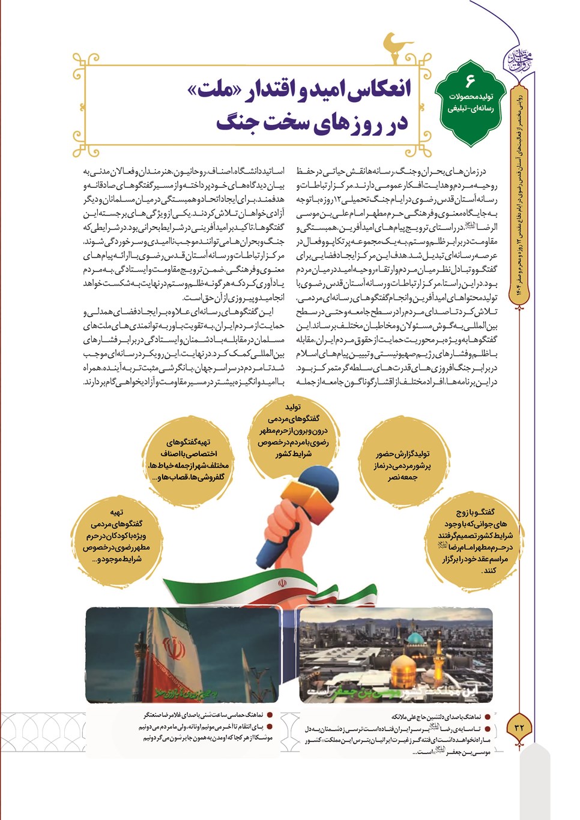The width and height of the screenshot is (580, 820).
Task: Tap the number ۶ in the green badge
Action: point(470,80)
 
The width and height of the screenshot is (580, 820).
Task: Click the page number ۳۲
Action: point(520,727)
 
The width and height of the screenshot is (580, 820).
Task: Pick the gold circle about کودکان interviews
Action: point(116,536)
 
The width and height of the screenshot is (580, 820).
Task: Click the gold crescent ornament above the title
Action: point(397,47)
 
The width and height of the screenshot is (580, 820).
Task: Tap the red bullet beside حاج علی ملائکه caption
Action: point(488,717)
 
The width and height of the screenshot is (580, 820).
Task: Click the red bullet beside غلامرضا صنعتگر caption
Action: point(270,715)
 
